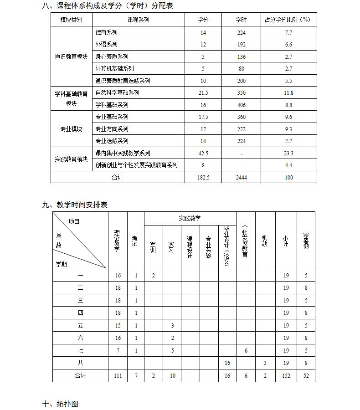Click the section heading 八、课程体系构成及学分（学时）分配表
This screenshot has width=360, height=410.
108,6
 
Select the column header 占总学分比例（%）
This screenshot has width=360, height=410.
288,20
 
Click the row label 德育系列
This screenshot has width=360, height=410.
106,32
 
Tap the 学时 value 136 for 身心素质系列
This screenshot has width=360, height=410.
241,57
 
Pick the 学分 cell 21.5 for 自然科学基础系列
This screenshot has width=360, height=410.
203,93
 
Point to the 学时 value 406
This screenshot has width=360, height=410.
241,105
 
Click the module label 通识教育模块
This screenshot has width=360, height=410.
71,56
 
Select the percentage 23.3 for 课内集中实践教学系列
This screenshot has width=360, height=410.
288,154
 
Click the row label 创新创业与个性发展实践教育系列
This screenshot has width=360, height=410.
136,165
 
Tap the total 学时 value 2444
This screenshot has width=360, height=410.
241,178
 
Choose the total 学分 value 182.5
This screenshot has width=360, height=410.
203,178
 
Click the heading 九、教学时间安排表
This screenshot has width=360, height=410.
75,205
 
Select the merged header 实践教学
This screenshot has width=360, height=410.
190,219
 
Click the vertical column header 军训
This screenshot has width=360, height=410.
153,247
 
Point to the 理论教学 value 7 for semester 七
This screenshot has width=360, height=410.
118,351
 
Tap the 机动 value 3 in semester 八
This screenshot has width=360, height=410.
265,363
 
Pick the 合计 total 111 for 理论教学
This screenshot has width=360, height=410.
118,376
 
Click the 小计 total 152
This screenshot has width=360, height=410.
286,376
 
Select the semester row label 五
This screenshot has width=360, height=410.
80,326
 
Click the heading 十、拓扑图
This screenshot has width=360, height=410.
60,404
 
